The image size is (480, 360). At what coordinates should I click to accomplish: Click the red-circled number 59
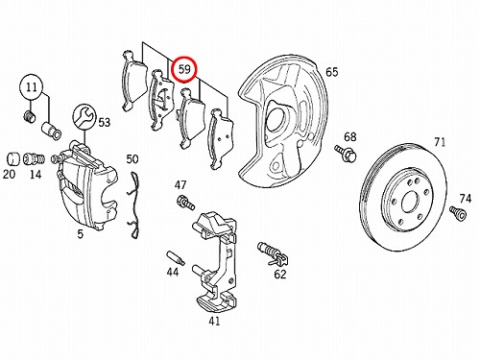pyautogui.click(x=184, y=69)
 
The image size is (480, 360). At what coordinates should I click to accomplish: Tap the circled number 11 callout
pyautogui.click(x=32, y=87)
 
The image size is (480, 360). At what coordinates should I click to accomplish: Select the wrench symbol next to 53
pyautogui.click(x=84, y=116)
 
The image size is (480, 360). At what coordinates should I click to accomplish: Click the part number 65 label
pyautogui.click(x=332, y=72)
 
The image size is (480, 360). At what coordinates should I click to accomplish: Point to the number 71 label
pyautogui.click(x=440, y=142)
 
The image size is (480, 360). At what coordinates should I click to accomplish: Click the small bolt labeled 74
pyautogui.click(x=458, y=213)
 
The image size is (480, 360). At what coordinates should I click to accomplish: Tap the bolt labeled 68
pyautogui.click(x=346, y=153)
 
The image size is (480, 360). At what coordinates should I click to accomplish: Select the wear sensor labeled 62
pyautogui.click(x=272, y=253)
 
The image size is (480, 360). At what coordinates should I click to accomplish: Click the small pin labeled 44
pyautogui.click(x=176, y=258)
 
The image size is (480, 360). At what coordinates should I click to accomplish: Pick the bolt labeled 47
pyautogui.click(x=185, y=203)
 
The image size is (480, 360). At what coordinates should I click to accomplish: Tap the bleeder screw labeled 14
pyautogui.click(x=35, y=158)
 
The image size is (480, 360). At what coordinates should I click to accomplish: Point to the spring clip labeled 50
pyautogui.click(x=133, y=205)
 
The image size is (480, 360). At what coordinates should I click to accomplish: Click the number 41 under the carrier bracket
pyautogui.click(x=214, y=321)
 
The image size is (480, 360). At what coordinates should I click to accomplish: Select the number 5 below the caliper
pyautogui.click(x=80, y=234)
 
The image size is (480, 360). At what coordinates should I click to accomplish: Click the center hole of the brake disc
pyautogui.click(x=410, y=202)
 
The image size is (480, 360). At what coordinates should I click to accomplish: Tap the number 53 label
pyautogui.click(x=104, y=122)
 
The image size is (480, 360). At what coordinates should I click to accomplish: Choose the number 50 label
pyautogui.click(x=132, y=159)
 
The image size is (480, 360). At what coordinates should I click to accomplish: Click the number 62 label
pyautogui.click(x=279, y=275)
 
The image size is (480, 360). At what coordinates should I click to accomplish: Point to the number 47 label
pyautogui.click(x=180, y=185)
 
